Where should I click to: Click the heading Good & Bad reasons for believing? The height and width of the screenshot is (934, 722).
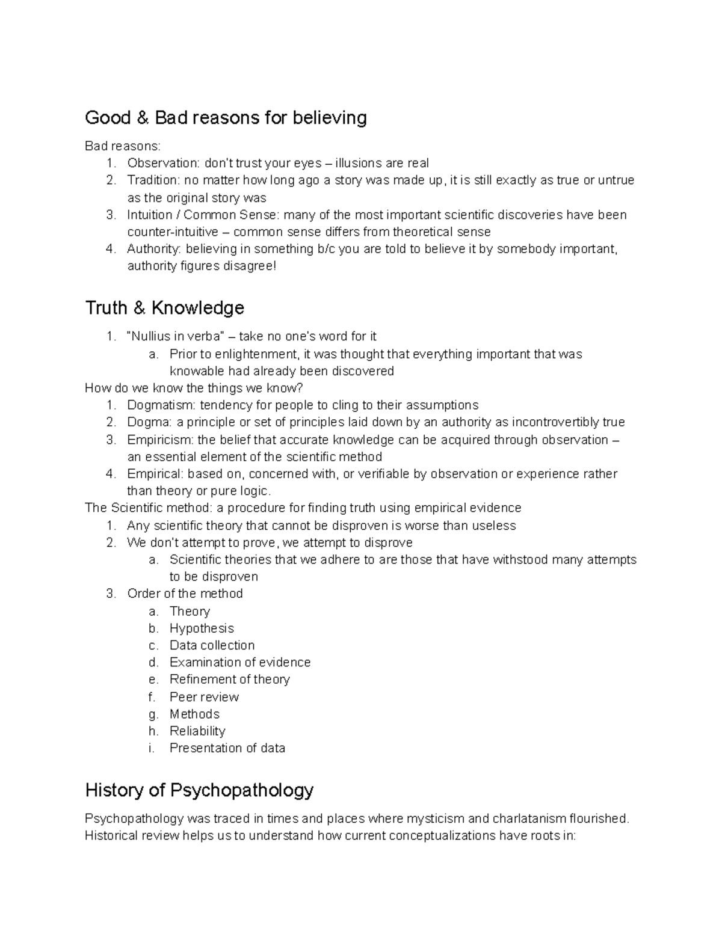(226, 118)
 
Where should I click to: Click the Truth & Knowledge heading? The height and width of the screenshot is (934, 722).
(164, 308)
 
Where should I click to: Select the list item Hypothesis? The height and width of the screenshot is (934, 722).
(202, 628)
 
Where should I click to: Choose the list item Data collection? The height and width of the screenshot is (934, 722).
(212, 645)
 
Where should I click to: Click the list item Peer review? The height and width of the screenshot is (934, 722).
(204, 697)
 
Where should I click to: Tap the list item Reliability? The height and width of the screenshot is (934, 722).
(197, 731)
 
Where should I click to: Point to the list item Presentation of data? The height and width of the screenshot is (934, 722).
(227, 748)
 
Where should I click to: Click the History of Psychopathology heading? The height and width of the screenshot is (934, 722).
(199, 790)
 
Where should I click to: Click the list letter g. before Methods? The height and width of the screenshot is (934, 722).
(153, 715)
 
